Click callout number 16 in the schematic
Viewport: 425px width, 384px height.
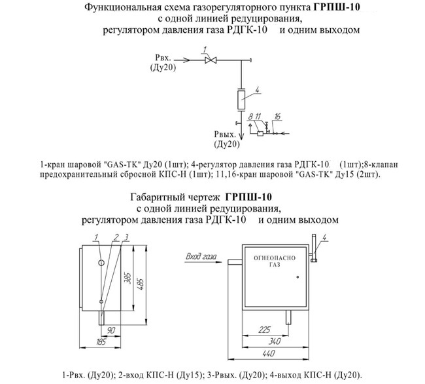[x=278, y=116]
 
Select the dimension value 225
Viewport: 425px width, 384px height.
[x=264, y=330]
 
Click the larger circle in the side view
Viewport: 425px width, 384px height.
[x=101, y=263]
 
